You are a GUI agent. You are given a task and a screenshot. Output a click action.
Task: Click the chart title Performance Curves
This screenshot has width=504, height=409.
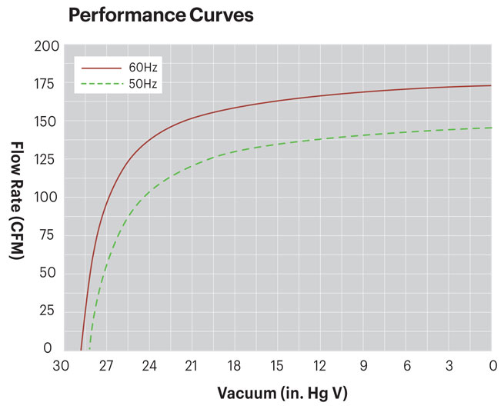pyautogui.click(x=160, y=15)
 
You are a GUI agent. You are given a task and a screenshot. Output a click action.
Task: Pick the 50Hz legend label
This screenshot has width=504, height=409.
pyautogui.click(x=144, y=84)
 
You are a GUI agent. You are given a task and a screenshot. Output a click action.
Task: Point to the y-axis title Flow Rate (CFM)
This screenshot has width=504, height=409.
pyautogui.click(x=16, y=199)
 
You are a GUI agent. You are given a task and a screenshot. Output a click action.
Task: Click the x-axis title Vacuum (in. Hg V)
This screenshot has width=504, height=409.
pyautogui.click(x=282, y=393)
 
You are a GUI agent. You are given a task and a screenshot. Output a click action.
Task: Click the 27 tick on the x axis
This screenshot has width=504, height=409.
pyautogui.click(x=106, y=365)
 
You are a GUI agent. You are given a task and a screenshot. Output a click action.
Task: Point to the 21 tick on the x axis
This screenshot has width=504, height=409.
pyautogui.click(x=192, y=365)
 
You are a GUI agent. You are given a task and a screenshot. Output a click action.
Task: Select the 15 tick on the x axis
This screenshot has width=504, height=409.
pyautogui.click(x=277, y=365)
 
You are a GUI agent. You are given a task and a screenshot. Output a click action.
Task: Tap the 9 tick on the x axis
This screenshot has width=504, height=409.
pyautogui.click(x=363, y=365)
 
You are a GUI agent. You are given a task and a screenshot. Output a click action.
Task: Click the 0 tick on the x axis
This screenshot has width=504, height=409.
pyautogui.click(x=491, y=365)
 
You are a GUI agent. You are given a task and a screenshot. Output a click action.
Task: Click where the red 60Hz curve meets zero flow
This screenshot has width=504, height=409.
pyautogui.click(x=81, y=349)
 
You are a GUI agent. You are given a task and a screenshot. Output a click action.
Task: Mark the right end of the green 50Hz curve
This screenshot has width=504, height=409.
pyautogui.click(x=491, y=128)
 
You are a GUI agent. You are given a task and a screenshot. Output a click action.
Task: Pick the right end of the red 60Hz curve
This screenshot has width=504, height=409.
pyautogui.click(x=491, y=85)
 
